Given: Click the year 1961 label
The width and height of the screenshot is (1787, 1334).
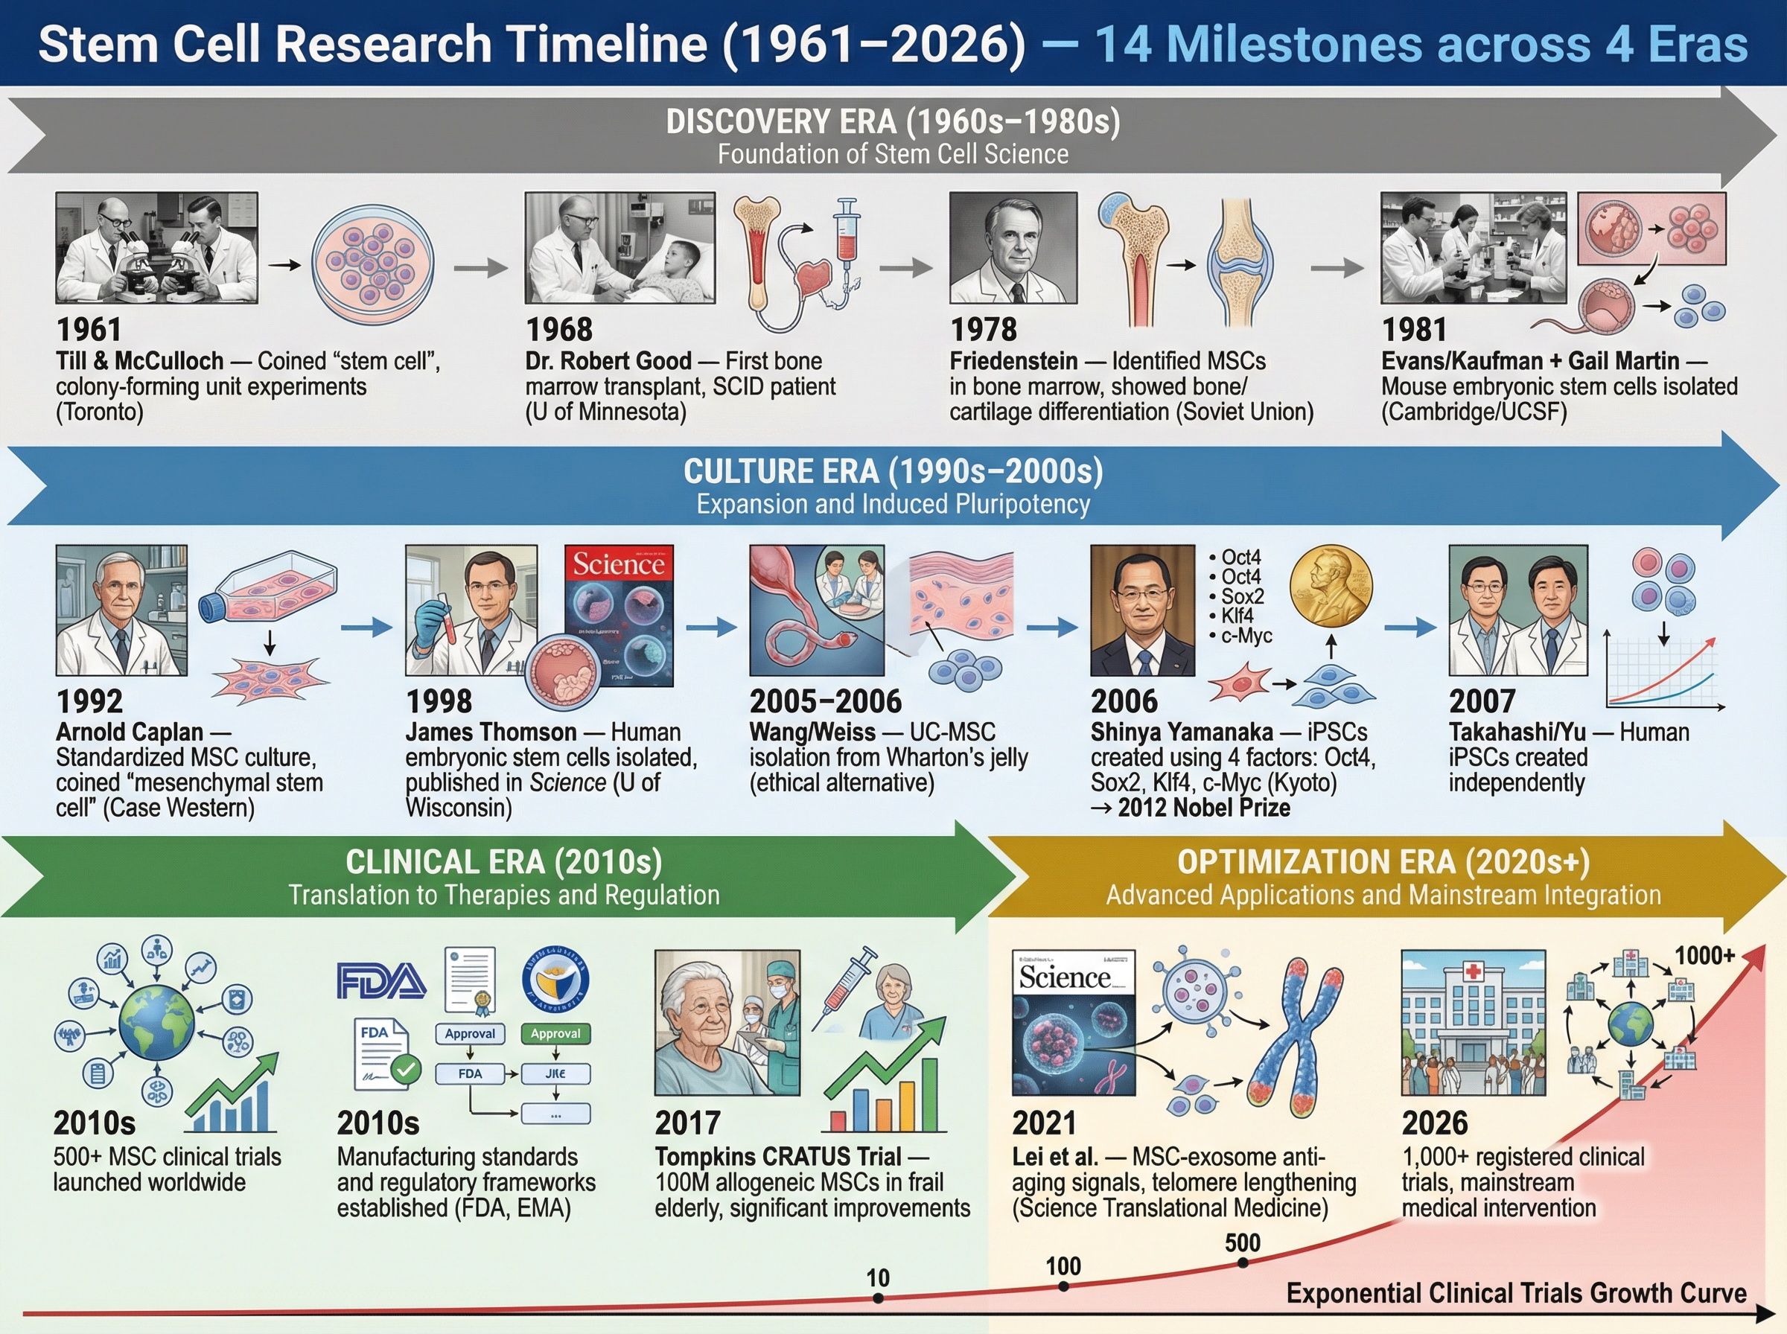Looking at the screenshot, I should coord(89,330).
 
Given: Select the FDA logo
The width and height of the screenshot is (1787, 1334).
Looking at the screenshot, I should coord(381,981).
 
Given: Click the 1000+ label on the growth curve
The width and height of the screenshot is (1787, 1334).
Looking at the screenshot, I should coord(1704,955).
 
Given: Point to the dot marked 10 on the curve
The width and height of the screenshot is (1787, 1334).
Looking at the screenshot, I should coord(879,1298).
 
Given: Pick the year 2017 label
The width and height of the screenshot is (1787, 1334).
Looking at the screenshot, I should coord(687,1123).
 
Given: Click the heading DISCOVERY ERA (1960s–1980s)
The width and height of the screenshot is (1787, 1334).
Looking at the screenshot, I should coord(893,122).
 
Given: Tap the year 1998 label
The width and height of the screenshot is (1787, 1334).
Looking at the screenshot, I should coord(439,701).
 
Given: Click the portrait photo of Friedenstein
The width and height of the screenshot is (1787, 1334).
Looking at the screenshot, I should coord(1013,247).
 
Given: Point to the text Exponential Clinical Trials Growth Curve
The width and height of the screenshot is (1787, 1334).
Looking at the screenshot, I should coord(1516,1293).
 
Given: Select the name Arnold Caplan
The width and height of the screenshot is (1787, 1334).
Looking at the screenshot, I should coord(130,732).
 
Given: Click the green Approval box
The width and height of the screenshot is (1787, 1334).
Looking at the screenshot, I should coord(555,1033).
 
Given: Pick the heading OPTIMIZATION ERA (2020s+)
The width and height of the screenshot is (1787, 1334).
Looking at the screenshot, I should coord(1383,863).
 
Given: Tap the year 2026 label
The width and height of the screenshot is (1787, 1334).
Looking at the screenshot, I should coord(1434,1123).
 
